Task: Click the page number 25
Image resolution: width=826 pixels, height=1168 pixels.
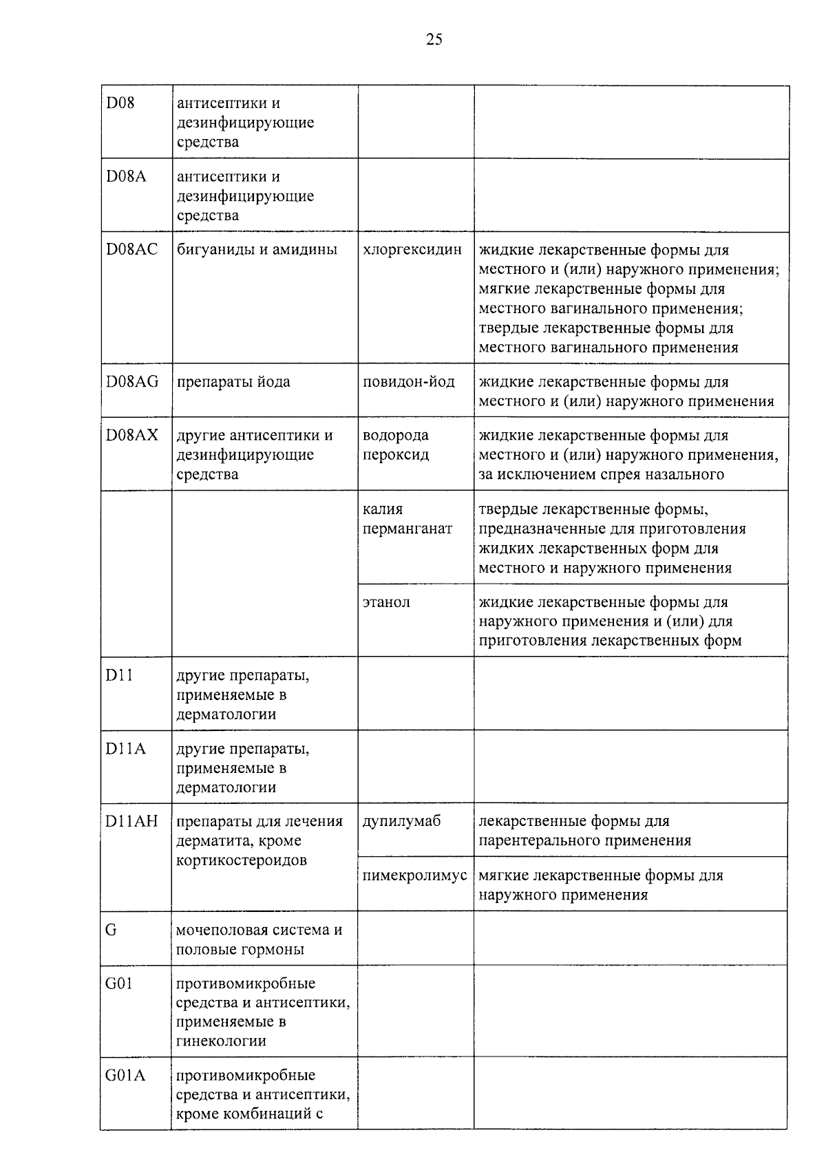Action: (x=434, y=39)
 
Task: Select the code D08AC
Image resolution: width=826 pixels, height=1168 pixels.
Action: (x=131, y=249)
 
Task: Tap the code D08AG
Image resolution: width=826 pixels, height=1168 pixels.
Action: (x=132, y=381)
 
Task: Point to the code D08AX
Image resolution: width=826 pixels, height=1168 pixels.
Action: (x=132, y=435)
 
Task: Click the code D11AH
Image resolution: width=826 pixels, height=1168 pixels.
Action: (x=131, y=821)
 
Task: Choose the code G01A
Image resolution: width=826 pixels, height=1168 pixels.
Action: (x=125, y=1075)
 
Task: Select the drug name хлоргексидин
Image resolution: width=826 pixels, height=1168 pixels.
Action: (x=412, y=249)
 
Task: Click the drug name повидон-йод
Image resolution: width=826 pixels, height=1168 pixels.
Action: (x=409, y=381)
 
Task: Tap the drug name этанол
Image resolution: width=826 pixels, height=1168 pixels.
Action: (x=386, y=602)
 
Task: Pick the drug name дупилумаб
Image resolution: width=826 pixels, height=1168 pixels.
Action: (x=402, y=821)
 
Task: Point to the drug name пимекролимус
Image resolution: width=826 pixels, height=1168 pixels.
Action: (x=415, y=875)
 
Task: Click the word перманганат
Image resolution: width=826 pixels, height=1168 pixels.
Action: (x=407, y=529)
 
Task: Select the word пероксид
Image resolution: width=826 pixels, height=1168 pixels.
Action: (x=396, y=455)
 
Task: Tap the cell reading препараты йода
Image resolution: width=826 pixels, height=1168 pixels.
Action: (x=233, y=381)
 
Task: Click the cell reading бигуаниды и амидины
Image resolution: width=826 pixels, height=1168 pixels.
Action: (x=257, y=249)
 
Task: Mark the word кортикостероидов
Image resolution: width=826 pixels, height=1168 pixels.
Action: (x=242, y=860)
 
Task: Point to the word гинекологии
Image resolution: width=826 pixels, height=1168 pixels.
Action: (x=221, y=1041)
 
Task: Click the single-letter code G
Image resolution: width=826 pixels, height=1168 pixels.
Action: (x=111, y=930)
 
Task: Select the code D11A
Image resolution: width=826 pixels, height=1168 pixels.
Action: (x=125, y=749)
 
